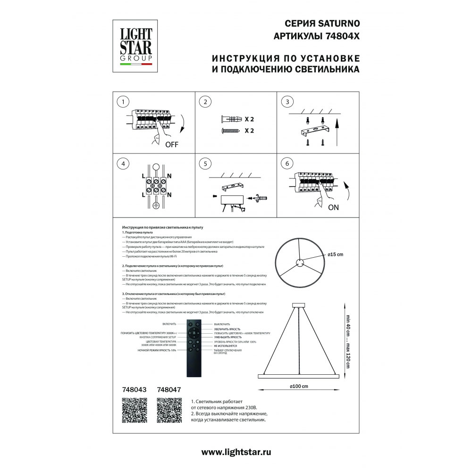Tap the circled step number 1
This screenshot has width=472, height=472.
point(123,102)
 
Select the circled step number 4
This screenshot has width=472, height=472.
point(123,164)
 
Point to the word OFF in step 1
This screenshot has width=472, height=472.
point(172,145)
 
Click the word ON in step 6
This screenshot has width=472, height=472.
point(333,208)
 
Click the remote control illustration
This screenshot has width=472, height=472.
point(194,348)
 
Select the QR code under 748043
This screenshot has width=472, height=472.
point(135,410)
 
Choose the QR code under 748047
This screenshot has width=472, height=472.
point(169,410)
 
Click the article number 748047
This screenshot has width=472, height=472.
point(169,390)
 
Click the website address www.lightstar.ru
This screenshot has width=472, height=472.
point(236,452)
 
